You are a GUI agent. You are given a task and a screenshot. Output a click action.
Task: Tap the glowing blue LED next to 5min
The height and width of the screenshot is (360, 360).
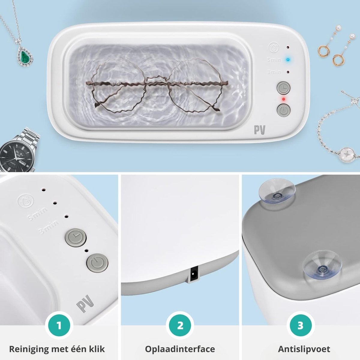click(x=288, y=60)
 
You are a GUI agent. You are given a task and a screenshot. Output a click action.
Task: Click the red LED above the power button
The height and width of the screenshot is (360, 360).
click(x=283, y=99)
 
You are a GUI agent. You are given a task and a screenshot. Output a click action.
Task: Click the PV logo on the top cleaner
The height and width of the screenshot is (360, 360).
click(x=260, y=130)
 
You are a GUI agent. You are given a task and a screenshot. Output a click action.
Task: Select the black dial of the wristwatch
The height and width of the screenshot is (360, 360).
click(x=16, y=157)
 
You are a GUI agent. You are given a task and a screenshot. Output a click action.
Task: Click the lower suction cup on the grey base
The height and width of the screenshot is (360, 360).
click(x=322, y=265)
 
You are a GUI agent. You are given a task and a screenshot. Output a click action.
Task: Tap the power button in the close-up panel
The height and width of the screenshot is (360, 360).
click(x=97, y=262)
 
